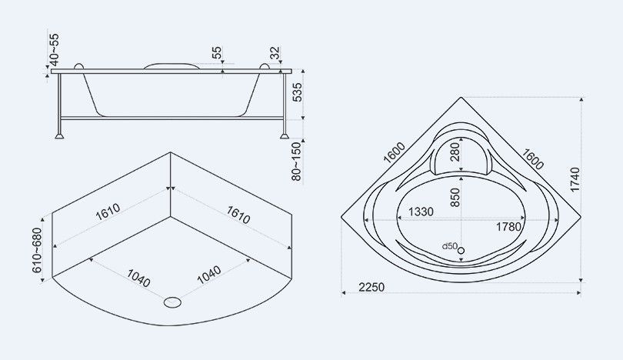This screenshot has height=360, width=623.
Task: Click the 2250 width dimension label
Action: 371,287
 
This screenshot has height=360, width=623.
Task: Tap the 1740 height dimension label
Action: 575,179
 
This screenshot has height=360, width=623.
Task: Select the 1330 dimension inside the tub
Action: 421,212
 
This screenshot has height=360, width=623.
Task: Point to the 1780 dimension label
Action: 508,227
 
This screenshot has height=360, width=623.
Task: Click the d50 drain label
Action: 450,246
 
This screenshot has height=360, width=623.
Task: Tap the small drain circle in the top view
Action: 461,250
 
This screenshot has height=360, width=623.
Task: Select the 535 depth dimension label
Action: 297,92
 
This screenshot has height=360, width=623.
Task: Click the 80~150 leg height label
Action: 297,162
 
